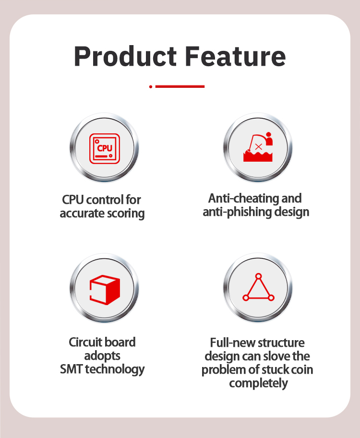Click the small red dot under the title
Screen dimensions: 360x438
coord(151,87)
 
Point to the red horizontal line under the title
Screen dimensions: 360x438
coord(180,87)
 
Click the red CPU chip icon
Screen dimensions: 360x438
coord(105,148)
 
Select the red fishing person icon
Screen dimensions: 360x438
coord(258,147)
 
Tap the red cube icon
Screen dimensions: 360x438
coord(105,290)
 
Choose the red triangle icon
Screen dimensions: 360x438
coord(258,287)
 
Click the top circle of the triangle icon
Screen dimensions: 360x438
coord(259,276)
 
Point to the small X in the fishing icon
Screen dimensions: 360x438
coord(259,147)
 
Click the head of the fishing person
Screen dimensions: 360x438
coord(269,134)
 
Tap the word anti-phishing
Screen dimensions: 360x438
coord(237,212)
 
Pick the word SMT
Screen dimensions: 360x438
coord(71,369)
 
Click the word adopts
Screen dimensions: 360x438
coord(102,356)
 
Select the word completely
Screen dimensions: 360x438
coord(258,383)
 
